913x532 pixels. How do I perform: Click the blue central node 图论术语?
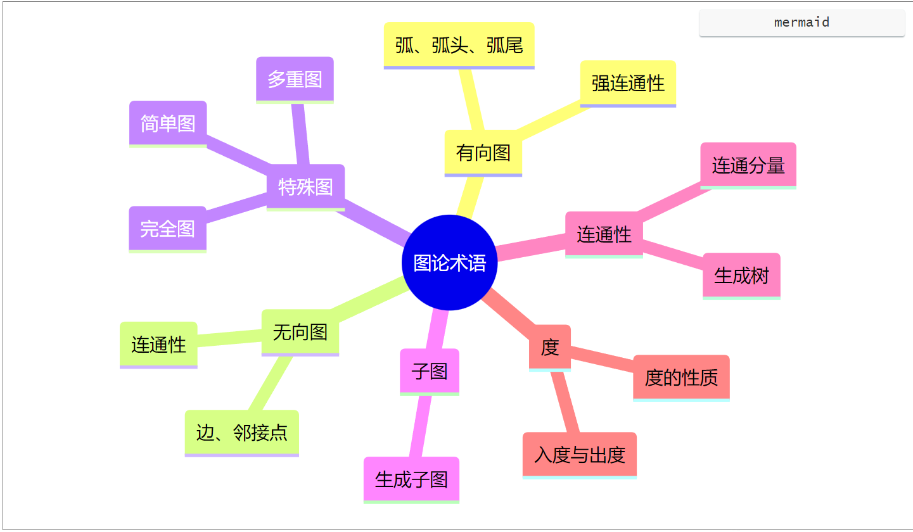tap(449, 263)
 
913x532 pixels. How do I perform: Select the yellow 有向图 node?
tap(483, 153)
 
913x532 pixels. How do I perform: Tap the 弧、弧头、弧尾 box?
tap(459, 45)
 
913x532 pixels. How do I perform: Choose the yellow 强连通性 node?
tap(628, 83)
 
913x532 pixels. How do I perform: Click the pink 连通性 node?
tap(604, 234)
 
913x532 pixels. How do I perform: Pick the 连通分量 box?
tap(748, 165)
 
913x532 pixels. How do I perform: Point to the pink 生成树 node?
tap(741, 275)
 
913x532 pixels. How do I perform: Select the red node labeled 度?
tap(549, 347)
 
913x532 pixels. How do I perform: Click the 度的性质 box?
tap(681, 377)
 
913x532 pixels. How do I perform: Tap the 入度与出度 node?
tap(579, 455)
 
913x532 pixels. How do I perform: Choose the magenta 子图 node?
tap(429, 371)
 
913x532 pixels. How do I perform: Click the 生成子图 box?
tap(411, 479)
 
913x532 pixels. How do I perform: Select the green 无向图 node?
tap(300, 332)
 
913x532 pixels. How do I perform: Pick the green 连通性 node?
tap(158, 345)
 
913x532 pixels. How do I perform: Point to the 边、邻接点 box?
tap(241, 433)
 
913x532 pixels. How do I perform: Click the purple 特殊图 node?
tap(305, 187)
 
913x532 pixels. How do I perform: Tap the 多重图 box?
tap(295, 79)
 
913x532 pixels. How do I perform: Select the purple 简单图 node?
tap(168, 123)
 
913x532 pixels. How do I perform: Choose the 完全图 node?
tap(167, 229)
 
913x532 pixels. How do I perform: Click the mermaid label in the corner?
tap(801, 23)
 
